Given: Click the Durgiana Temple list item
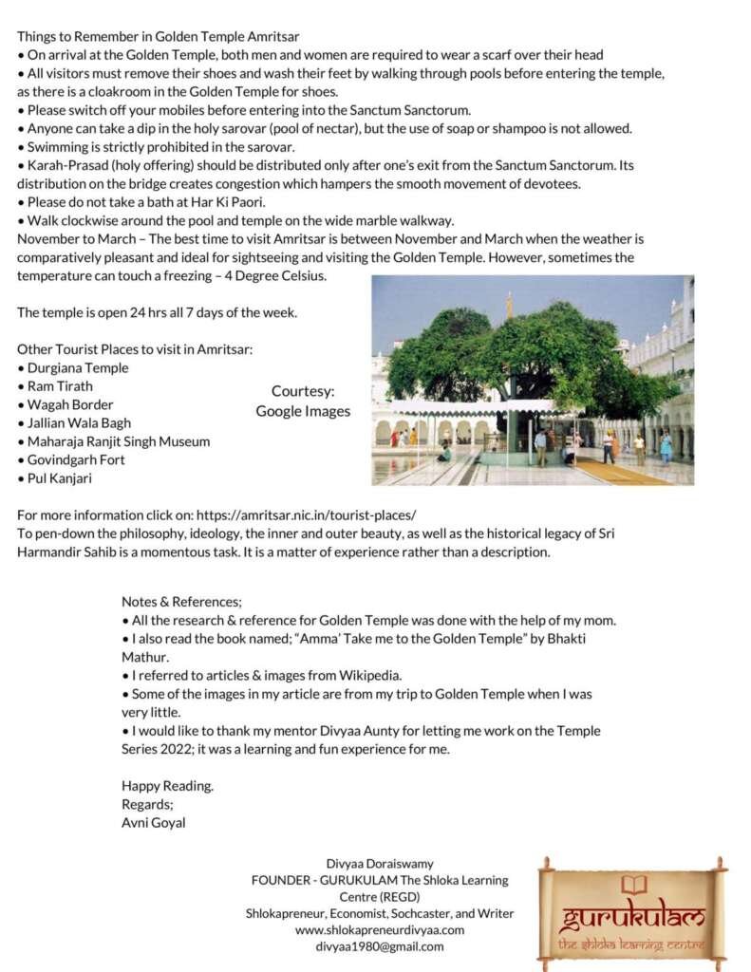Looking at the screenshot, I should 77,368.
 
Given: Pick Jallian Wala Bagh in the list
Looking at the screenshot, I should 78,423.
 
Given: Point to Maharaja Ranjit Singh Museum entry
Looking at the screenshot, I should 118,441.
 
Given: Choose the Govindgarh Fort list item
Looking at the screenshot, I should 75,460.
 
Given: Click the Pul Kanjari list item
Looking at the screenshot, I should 59,478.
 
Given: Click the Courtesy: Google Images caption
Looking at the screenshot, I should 303,401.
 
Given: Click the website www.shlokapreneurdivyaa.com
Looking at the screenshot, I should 380,929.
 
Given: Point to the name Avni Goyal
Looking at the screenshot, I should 154,823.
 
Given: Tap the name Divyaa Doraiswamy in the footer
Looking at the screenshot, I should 380,864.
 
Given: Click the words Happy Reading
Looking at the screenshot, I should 167,786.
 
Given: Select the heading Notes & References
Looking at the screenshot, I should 181,602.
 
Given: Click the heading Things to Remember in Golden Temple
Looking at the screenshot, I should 158,37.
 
